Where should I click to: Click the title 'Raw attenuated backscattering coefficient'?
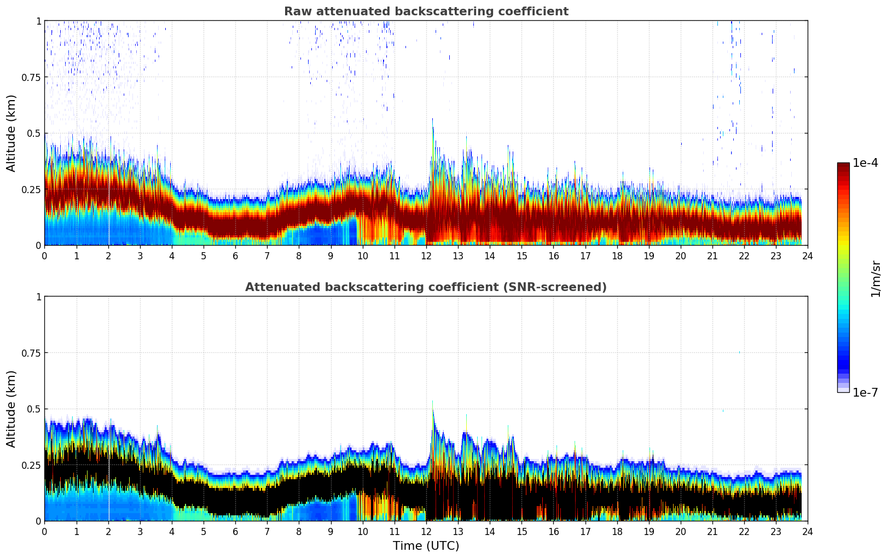pyautogui.click(x=426, y=11)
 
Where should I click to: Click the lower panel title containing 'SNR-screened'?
pyautogui.click(x=426, y=287)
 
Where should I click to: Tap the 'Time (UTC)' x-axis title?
pyautogui.click(x=426, y=545)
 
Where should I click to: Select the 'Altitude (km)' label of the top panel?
pyautogui.click(x=11, y=133)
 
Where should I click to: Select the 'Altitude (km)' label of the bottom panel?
pyautogui.click(x=11, y=409)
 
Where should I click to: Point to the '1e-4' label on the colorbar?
pyautogui.click(x=865, y=163)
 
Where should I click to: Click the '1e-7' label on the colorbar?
pyautogui.click(x=865, y=392)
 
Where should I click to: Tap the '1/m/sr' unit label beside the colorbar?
pyautogui.click(x=876, y=278)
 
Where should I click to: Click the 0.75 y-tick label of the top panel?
pyautogui.click(x=30, y=77)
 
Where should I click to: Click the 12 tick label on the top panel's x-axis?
pyautogui.click(x=426, y=255)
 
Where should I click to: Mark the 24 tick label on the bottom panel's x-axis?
pyautogui.click(x=808, y=531)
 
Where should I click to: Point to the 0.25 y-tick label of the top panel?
pyautogui.click(x=30, y=189)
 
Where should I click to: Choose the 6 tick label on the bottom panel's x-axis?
pyautogui.click(x=235, y=531)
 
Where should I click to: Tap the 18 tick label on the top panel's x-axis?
pyautogui.click(x=617, y=255)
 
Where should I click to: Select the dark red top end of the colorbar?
pyautogui.click(x=843, y=165)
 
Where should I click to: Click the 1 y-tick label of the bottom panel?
pyautogui.click(x=38, y=297)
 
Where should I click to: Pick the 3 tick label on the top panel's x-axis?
pyautogui.click(x=140, y=255)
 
